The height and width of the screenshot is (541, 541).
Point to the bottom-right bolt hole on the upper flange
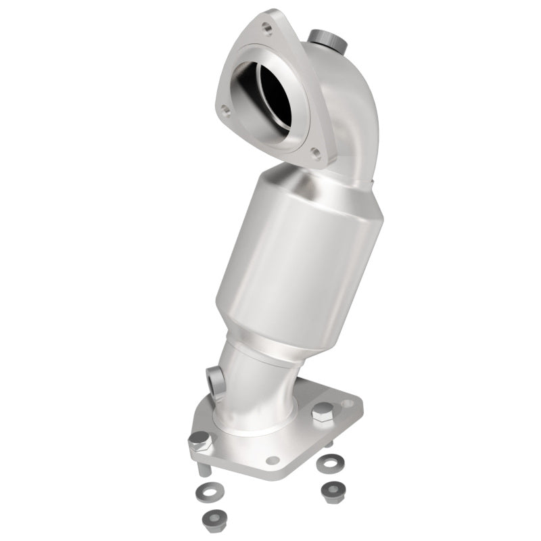[x=314, y=152]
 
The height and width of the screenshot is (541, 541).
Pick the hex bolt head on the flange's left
[x=199, y=440]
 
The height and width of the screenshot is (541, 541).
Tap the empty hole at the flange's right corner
[x=348, y=404]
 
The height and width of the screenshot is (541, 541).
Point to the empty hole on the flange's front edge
[x=273, y=461]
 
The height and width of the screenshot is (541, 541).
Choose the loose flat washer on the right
[x=330, y=463]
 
